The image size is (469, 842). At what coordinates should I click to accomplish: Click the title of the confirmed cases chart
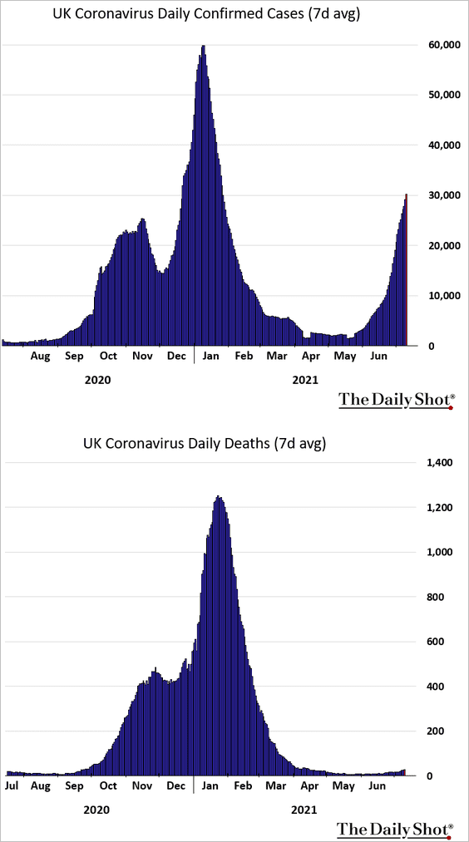(206, 15)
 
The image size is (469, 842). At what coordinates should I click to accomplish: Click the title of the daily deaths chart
(205, 444)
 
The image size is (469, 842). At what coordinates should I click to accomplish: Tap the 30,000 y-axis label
(439, 195)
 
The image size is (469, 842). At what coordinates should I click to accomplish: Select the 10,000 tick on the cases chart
(439, 296)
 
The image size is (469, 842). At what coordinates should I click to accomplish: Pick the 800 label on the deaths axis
(433, 597)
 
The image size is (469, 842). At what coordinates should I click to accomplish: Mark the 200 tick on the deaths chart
(433, 731)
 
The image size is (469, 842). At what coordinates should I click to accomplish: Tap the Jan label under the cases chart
(210, 356)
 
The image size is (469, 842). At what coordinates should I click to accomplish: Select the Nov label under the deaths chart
(143, 786)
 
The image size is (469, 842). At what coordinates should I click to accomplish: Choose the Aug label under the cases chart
(40, 356)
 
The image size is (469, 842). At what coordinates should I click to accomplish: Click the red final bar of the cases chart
(407, 269)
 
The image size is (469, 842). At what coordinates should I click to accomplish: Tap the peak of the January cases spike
(203, 47)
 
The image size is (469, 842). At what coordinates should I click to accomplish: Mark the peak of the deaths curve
(219, 497)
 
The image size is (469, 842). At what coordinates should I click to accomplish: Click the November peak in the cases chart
(142, 219)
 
